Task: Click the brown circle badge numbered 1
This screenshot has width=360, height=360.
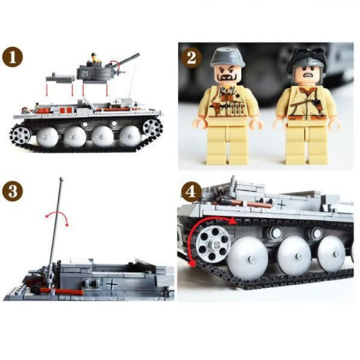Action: pos(12,58)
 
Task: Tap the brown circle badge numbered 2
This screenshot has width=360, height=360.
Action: pos(191,58)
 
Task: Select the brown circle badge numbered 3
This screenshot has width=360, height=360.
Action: pos(12,191)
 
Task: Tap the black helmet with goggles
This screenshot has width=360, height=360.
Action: pos(306,59)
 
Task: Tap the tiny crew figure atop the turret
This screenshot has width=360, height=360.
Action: pos(94,58)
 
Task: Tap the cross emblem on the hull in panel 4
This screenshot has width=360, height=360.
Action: pos(281,205)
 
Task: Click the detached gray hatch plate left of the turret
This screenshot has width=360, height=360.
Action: pos(60,77)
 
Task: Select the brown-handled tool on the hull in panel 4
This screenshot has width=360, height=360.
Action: pos(247,204)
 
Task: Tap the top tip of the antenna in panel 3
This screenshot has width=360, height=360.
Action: pos(61,179)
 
